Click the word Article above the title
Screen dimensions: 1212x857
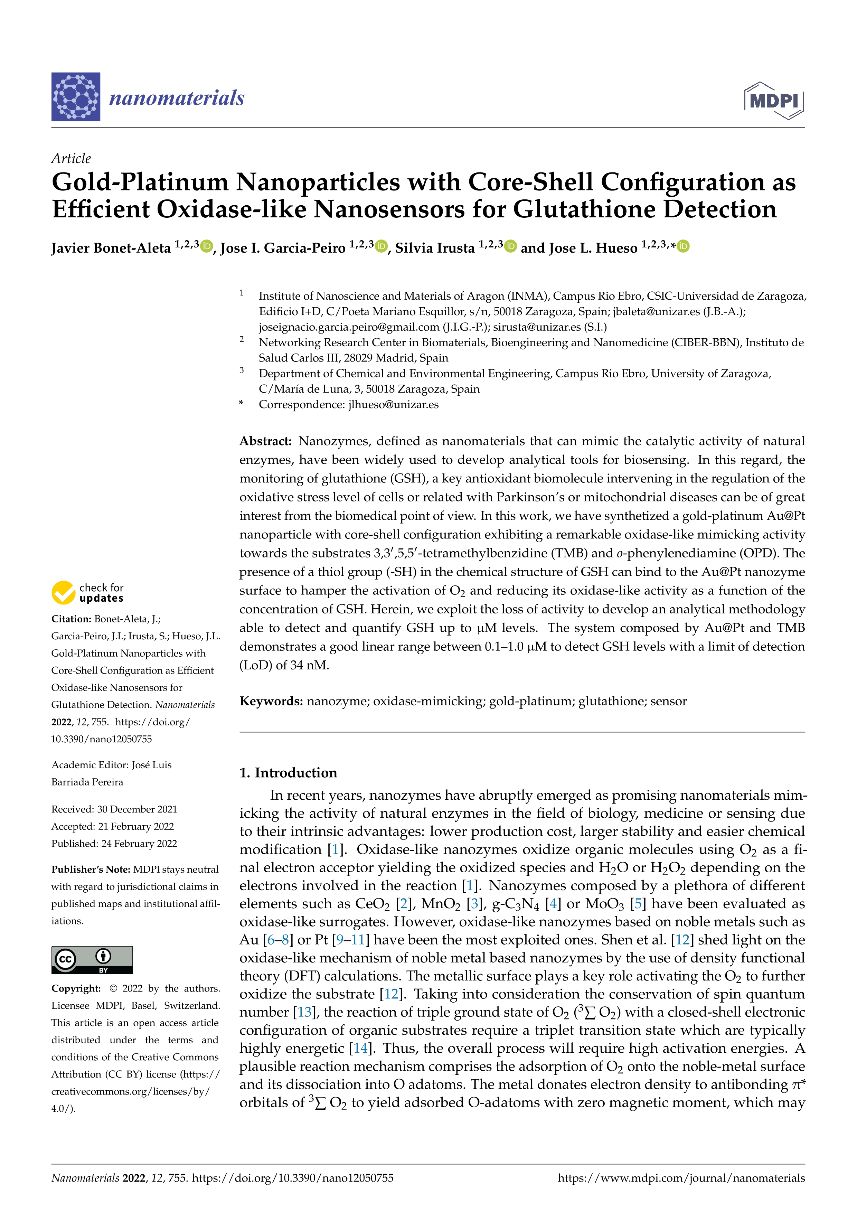[71, 158]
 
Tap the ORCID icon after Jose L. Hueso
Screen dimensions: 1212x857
[684, 246]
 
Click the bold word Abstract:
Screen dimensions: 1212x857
[265, 441]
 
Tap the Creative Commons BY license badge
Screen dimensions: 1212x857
[92, 960]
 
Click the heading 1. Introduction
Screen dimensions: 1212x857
[288, 773]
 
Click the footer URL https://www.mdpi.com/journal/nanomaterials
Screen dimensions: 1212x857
[681, 1178]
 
